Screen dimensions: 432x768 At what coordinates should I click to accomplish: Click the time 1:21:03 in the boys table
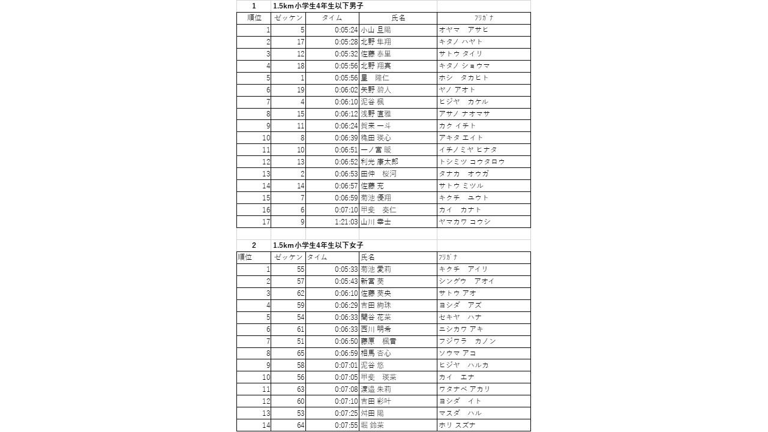346,222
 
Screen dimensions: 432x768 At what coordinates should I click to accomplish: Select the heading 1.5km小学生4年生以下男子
318,6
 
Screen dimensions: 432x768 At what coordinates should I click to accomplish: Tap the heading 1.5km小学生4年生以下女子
318,245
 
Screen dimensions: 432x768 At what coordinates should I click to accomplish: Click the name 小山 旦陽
376,30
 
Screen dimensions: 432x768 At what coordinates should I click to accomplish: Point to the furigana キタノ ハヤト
461,42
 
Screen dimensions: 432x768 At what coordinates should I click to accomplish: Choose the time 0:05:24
346,30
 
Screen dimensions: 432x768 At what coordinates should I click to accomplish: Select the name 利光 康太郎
379,162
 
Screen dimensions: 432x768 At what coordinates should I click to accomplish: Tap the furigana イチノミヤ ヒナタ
468,150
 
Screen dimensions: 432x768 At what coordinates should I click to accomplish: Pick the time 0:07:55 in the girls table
346,425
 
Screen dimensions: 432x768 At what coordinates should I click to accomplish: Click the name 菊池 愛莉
376,269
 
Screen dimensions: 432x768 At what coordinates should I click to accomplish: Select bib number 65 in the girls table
301,353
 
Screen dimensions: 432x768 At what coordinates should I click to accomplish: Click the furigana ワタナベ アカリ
465,389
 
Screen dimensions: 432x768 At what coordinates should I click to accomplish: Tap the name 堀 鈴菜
372,425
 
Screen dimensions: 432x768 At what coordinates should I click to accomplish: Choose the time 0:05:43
346,281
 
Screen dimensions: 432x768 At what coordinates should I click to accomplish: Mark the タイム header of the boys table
332,18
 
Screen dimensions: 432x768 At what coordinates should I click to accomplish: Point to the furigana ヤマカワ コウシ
465,222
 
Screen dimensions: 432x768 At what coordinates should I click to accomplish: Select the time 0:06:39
346,138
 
